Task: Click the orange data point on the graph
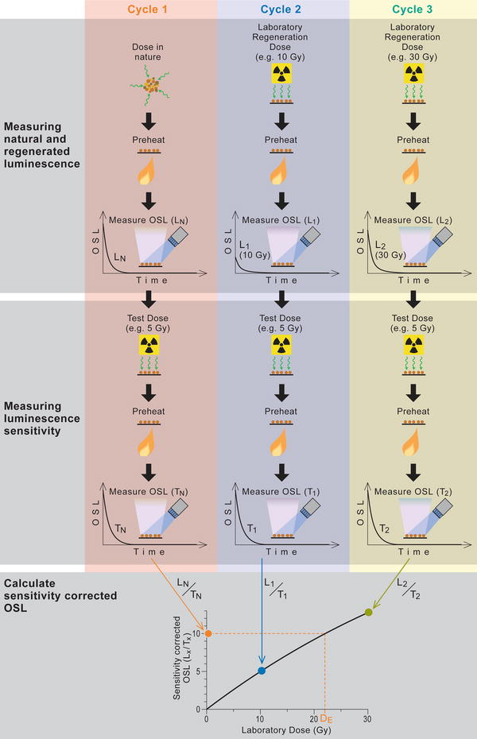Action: pos(208,633)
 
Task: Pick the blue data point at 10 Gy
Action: pos(262,671)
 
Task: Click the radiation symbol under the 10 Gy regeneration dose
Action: pos(282,75)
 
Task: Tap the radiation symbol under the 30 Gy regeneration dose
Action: pos(413,75)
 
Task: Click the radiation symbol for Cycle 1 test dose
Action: pos(150,343)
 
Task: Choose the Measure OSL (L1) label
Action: pos(282,219)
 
